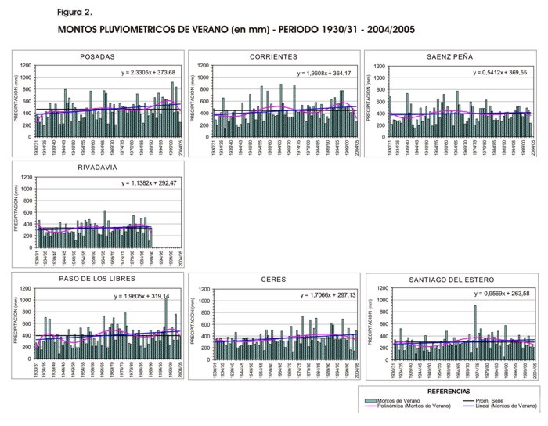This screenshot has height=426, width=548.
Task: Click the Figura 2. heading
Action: pos(74,13)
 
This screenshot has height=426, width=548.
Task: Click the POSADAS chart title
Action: pos(98,56)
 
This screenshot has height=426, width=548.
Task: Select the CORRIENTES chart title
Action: pos(273,56)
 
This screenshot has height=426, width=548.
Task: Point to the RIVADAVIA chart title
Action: pos(98,168)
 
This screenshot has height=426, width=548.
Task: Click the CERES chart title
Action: pos(273,279)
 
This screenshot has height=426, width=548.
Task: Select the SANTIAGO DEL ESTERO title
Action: pos(449,279)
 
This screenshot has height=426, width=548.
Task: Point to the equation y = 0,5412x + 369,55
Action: pos(501,72)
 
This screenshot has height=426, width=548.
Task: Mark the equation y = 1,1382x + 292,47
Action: pos(151,183)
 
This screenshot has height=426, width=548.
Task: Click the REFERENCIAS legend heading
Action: pos(449,390)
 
